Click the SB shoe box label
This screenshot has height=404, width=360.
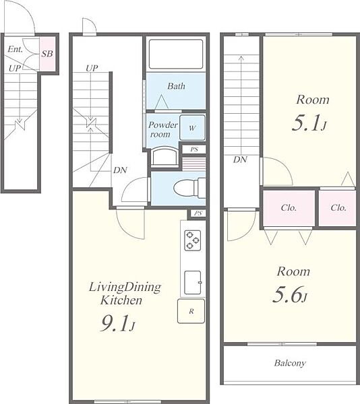[x=47, y=54]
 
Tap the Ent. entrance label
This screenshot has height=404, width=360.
[x=16, y=49]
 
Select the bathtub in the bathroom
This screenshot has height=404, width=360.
[x=176, y=54]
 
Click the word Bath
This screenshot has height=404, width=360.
[x=176, y=86]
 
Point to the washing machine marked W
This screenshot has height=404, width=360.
[x=192, y=128]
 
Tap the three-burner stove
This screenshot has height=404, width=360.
[x=193, y=240]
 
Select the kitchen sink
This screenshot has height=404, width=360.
[x=193, y=282]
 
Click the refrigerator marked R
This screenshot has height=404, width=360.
[x=191, y=311]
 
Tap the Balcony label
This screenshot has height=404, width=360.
[x=290, y=363]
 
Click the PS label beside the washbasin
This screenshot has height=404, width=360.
[x=194, y=149]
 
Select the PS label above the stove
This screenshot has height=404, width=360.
[x=198, y=213]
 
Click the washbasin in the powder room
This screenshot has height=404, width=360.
[x=164, y=157]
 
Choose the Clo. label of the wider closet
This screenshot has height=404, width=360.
[x=289, y=207]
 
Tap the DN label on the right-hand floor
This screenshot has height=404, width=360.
[x=240, y=160]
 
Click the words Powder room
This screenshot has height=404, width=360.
[x=162, y=129]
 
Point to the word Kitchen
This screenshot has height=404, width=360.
[x=121, y=300]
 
